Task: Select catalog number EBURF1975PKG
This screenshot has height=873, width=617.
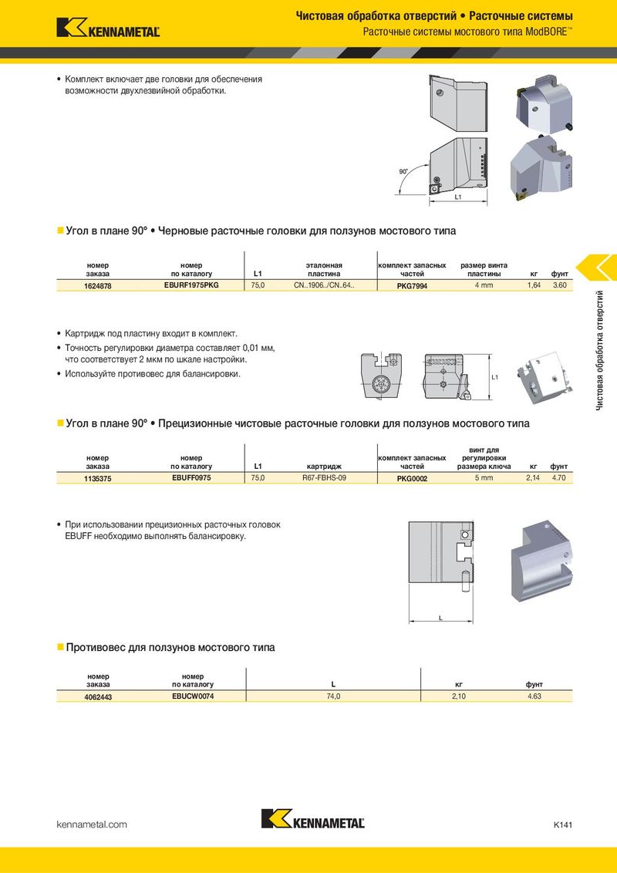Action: pyautogui.click(x=191, y=285)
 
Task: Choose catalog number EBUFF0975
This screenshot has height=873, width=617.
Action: pyautogui.click(x=191, y=478)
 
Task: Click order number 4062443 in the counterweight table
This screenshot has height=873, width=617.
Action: pyautogui.click(x=98, y=697)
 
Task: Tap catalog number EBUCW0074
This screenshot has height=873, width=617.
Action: pyautogui.click(x=192, y=696)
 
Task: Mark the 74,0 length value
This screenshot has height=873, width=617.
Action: pyautogui.click(x=333, y=697)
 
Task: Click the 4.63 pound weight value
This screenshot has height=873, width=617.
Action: pyautogui.click(x=534, y=697)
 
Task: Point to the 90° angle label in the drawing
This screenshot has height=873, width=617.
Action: pyautogui.click(x=404, y=171)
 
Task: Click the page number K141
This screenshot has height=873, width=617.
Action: pyautogui.click(x=562, y=824)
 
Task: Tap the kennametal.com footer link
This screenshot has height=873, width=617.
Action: pyautogui.click(x=93, y=824)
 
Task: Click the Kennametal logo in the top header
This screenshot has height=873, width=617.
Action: pyautogui.click(x=108, y=28)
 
